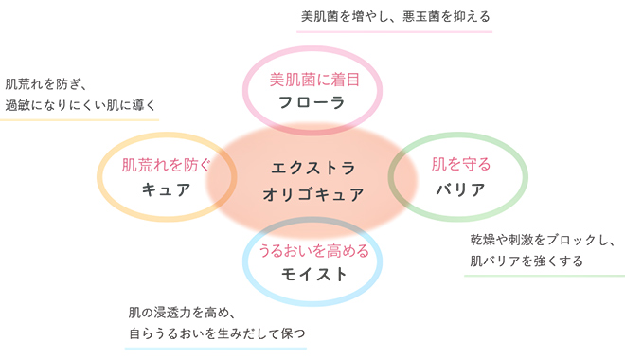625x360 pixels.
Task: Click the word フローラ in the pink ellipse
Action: pos(312,103)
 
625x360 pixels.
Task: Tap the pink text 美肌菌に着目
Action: pos(314,80)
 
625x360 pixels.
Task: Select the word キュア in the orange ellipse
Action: pos(167,189)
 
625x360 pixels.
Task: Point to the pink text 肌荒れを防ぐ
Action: pos(166,165)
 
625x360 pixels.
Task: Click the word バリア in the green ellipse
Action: pos(460,189)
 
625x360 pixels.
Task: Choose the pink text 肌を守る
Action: pos(461,164)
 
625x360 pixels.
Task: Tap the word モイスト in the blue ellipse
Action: pos(314,275)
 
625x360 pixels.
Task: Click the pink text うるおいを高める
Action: pos(314,251)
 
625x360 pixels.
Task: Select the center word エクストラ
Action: pos(312,168)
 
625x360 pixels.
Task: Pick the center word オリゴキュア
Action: pos(312,194)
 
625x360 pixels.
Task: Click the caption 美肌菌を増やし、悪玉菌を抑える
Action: pos(395,17)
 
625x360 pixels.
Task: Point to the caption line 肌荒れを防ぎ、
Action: pos(45,84)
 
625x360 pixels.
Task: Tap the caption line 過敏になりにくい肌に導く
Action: pos(80,105)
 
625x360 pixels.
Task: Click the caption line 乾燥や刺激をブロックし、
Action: pos(543,240)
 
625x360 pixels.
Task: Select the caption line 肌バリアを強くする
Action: pos(527,261)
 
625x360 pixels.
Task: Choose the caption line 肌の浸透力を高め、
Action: pos(182,313)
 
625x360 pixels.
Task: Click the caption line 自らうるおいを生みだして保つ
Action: pos(217,333)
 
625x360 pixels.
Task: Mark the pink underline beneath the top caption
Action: pos(395,31)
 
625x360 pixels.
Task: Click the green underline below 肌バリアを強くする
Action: pos(545,275)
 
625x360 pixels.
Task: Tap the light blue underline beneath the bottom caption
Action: pos(216,348)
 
